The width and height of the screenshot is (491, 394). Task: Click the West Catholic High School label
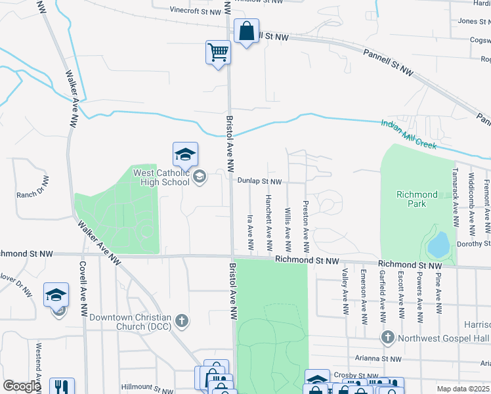(x=161, y=177)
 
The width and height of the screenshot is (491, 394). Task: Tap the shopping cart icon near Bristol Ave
(x=218, y=52)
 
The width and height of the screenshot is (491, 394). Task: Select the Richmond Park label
(x=417, y=199)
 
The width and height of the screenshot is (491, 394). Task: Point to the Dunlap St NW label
(x=259, y=181)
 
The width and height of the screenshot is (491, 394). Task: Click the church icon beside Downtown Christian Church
(x=182, y=322)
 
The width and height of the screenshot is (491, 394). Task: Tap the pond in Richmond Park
(x=438, y=246)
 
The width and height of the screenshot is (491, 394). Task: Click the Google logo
(x=22, y=386)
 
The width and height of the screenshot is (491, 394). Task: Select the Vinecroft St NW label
(x=195, y=11)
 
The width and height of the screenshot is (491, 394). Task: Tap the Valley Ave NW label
(x=345, y=290)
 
